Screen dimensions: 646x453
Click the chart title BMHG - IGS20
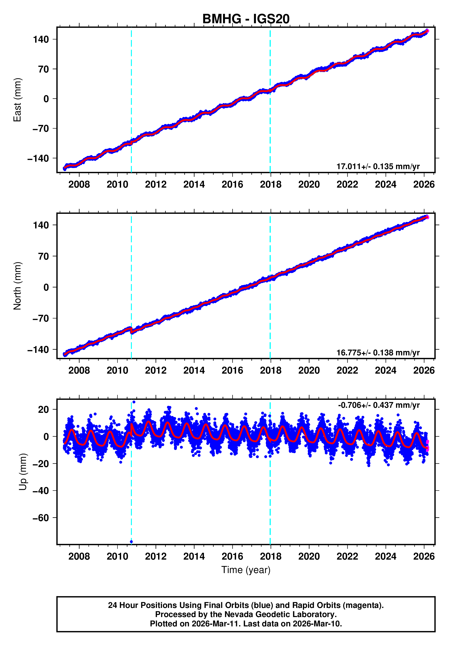click(246, 19)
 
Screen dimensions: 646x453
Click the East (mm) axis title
click(18, 100)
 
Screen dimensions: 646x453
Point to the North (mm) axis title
click(18, 286)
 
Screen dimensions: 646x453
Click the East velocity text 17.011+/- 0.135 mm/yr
click(378, 166)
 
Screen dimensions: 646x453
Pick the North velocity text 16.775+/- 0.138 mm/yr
click(378, 353)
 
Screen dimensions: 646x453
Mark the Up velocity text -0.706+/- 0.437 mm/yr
click(379, 405)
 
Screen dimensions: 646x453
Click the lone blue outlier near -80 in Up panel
click(131, 542)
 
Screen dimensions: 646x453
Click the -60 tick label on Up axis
click(41, 518)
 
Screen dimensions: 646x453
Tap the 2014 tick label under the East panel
click(194, 185)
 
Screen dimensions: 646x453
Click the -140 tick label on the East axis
click(38, 158)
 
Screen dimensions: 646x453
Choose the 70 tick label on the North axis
click(44, 256)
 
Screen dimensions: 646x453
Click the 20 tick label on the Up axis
click(44, 410)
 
